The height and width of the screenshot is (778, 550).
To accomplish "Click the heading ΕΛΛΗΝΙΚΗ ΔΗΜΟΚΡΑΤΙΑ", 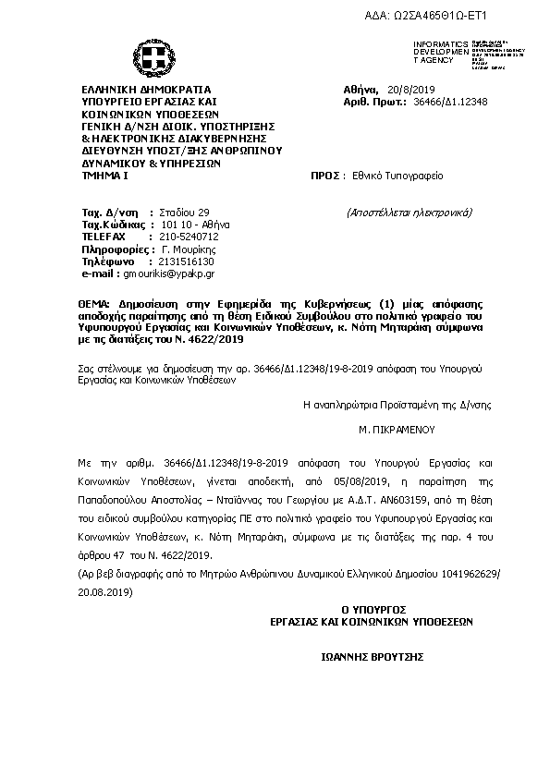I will pyautogui.click(x=146, y=90).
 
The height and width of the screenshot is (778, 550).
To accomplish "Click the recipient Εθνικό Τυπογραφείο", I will pyautogui.click(x=392, y=174).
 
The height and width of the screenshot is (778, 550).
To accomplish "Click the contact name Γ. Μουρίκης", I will pyautogui.click(x=189, y=249).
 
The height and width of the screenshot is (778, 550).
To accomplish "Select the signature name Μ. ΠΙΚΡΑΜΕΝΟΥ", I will pyautogui.click(x=397, y=430).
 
